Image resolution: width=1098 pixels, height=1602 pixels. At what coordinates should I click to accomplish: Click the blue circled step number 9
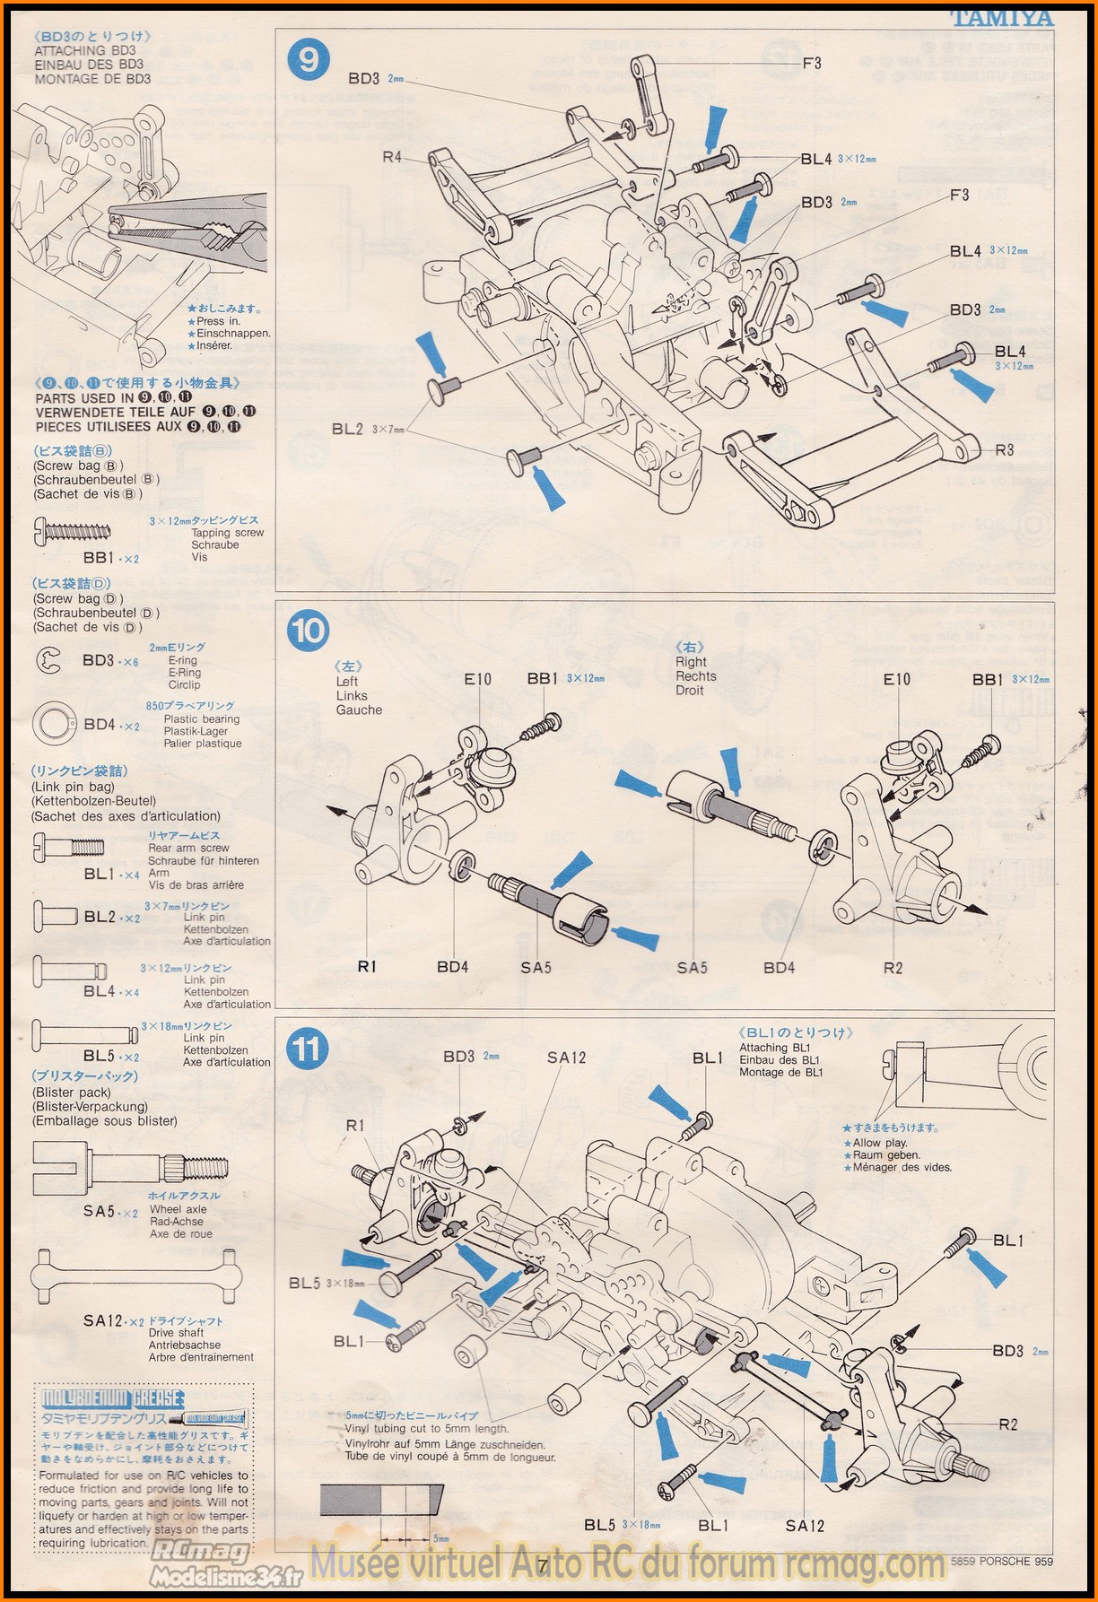[x=309, y=59]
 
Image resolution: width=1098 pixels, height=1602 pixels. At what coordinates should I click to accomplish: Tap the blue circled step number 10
[x=309, y=630]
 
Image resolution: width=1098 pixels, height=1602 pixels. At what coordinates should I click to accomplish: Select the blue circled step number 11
[x=309, y=1049]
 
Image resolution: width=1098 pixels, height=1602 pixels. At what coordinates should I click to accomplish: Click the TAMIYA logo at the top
[x=1001, y=18]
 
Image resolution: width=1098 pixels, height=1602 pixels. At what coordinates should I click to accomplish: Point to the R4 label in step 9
[x=392, y=157]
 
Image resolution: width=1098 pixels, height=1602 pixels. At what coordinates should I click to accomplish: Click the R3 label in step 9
[x=1004, y=449]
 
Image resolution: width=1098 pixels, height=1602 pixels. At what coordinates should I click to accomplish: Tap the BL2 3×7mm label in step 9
[x=368, y=429]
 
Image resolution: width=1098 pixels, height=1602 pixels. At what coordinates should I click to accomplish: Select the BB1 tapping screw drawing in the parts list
[x=72, y=531]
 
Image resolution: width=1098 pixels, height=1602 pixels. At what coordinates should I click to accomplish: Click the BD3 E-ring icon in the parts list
[x=48, y=662]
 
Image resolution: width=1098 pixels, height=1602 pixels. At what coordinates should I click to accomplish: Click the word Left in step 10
[x=347, y=681]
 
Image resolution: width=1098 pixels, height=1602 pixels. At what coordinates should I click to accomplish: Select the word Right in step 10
[x=691, y=662]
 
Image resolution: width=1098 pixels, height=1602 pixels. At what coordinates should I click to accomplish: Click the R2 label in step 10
[x=893, y=967]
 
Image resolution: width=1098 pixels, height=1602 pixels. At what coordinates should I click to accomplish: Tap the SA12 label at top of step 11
[x=566, y=1058]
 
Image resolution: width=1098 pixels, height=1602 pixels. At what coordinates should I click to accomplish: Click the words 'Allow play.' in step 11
[x=880, y=1143]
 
